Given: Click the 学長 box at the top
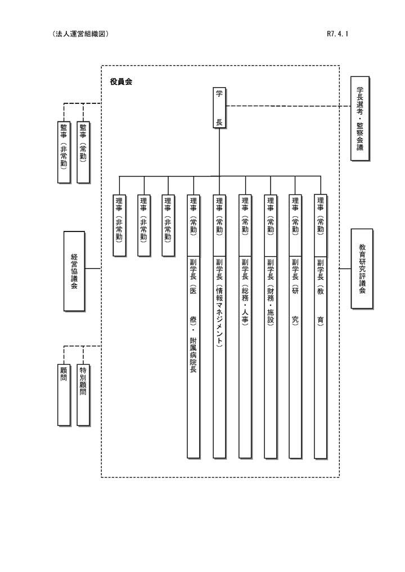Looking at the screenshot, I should click(219, 108).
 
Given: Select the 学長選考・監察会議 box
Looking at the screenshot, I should click(360, 119).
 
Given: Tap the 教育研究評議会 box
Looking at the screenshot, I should click(361, 269).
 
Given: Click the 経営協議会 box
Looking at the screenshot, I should click(74, 271).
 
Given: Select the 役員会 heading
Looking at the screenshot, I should click(121, 82).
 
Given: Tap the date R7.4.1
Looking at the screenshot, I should click(337, 34).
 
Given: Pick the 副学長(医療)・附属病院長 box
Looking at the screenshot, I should click(193, 356).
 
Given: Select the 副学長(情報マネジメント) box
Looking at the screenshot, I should click(219, 356).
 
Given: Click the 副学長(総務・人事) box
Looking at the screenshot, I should click(245, 356).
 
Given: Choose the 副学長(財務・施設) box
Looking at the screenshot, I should click(271, 356).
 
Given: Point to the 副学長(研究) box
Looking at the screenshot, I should click(295, 356).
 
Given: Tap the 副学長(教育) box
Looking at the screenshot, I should click(321, 356).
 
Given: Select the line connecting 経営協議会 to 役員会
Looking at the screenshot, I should click(93, 269).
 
